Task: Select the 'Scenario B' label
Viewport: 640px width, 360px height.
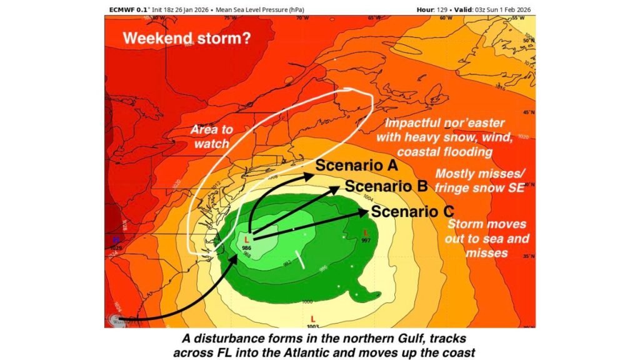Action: (386, 186)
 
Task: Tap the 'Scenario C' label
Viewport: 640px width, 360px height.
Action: (412, 211)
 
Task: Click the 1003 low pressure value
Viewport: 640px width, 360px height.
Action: (312, 326)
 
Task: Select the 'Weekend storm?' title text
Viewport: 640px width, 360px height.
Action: (187, 38)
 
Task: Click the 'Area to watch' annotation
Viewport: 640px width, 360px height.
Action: (211, 136)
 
